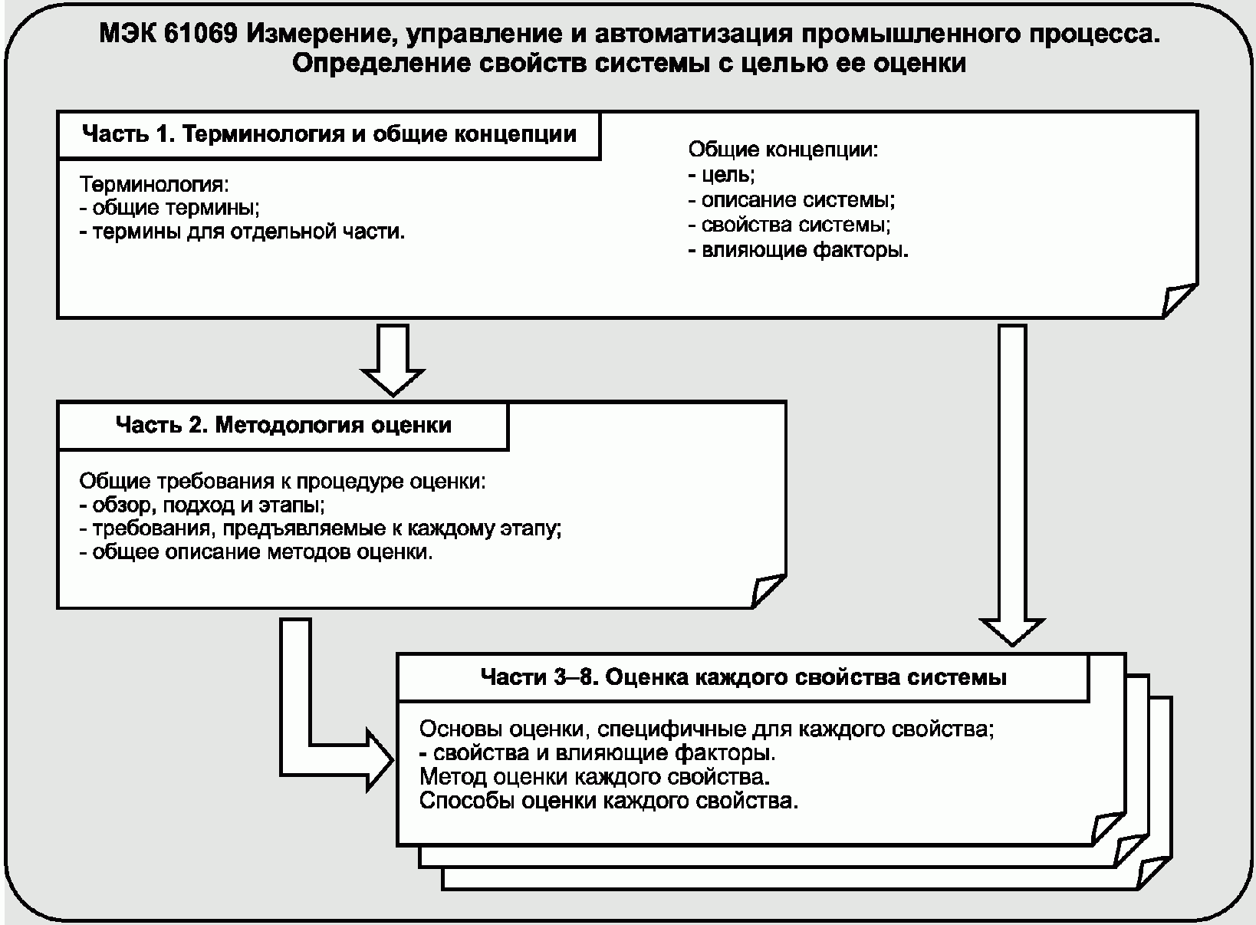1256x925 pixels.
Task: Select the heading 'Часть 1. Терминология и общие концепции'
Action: click(x=329, y=135)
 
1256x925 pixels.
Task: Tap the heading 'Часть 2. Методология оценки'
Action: click(x=283, y=425)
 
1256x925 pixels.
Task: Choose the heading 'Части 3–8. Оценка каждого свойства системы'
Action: click(x=743, y=677)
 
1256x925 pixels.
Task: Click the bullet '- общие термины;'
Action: click(x=169, y=208)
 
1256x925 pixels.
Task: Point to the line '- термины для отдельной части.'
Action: click(x=242, y=232)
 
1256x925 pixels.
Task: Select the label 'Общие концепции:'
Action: click(x=783, y=150)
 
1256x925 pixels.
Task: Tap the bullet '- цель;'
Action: click(x=722, y=175)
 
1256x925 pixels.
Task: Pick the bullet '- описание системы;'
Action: click(x=792, y=200)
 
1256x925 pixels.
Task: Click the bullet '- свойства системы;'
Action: click(x=790, y=225)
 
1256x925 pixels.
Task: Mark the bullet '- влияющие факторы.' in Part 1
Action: click(x=798, y=250)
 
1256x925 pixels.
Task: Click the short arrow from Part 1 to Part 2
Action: click(x=393, y=357)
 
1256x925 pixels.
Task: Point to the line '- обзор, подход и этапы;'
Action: click(x=202, y=505)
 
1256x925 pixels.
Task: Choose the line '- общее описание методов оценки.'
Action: click(x=256, y=552)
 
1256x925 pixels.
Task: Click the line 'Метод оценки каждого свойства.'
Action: click(x=595, y=777)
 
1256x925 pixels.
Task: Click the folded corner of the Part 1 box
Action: click(x=1179, y=300)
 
